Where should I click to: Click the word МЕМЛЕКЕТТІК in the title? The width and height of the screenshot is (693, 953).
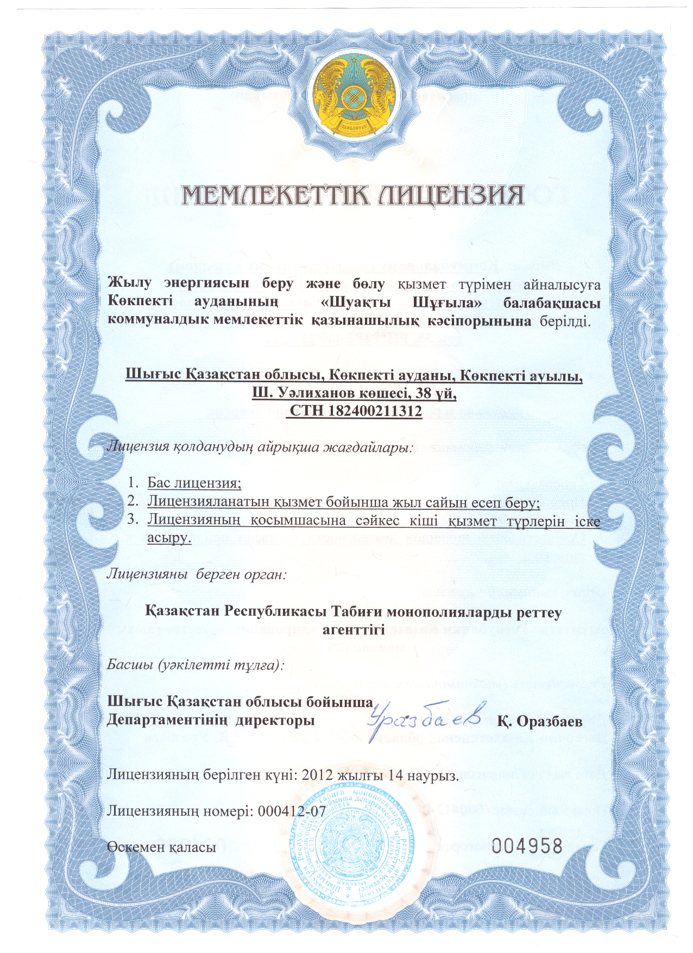[274, 196]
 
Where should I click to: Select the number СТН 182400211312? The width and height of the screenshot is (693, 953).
[355, 411]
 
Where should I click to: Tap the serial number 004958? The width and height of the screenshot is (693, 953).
[527, 846]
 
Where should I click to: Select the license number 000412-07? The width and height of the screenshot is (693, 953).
[292, 811]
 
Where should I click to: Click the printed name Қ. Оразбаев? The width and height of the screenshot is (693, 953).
[540, 721]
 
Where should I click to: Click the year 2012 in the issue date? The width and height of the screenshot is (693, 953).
[317, 775]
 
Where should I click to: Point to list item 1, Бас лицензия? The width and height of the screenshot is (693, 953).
[194, 483]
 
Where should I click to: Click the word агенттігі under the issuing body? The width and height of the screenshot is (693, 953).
[354, 630]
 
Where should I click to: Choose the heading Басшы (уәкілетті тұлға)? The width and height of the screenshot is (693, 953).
[195, 664]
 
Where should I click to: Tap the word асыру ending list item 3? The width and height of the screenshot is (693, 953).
[169, 539]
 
